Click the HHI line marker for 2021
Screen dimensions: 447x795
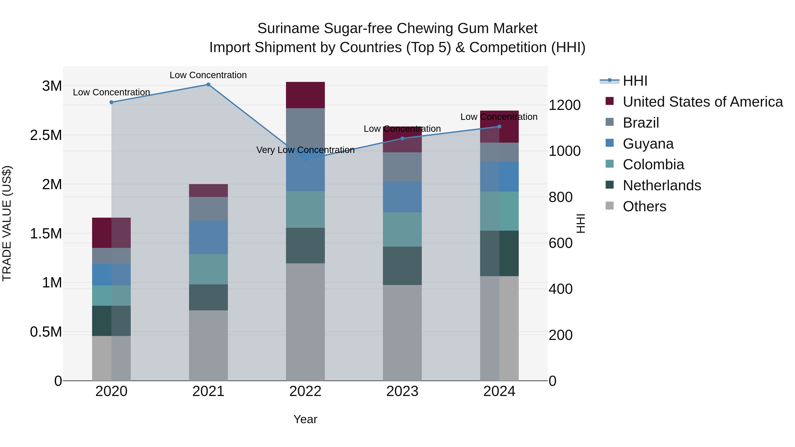pyautogui.click(x=208, y=85)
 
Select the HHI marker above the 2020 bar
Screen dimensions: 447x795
pyautogui.click(x=112, y=102)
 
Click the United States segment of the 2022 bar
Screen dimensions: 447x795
pyautogui.click(x=305, y=95)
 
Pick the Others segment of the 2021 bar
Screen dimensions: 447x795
pyautogui.click(x=208, y=345)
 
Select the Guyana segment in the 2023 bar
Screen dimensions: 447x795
pyautogui.click(x=402, y=197)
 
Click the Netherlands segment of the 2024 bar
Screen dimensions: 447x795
pyautogui.click(x=499, y=253)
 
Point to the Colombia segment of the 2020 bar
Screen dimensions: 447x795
pyautogui.click(x=112, y=296)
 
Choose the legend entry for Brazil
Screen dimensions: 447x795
pyautogui.click(x=641, y=123)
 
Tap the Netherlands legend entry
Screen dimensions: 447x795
pyautogui.click(x=662, y=185)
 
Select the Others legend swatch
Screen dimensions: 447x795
pyautogui.click(x=609, y=206)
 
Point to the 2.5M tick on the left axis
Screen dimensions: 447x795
pyautogui.click(x=46, y=135)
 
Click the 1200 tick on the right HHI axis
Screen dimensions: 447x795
pyautogui.click(x=564, y=105)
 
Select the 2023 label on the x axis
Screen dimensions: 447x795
pyautogui.click(x=402, y=391)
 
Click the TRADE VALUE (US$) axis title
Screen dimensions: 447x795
pyautogui.click(x=7, y=223)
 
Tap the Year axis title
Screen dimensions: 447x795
pyautogui.click(x=305, y=419)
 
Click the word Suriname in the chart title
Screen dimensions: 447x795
pyautogui.click(x=288, y=28)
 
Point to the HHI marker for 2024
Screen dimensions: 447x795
pyautogui.click(x=499, y=126)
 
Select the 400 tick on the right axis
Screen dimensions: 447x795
pyautogui.click(x=560, y=289)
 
